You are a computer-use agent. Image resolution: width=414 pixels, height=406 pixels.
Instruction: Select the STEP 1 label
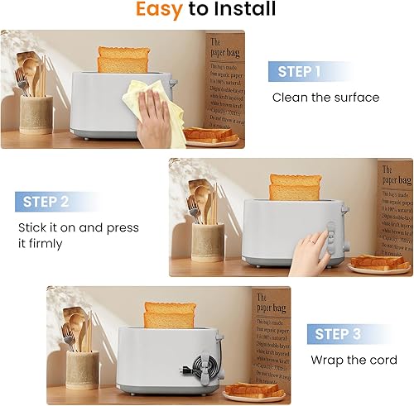coord(299,72)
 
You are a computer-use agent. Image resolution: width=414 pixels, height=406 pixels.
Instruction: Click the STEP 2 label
coord(46,201)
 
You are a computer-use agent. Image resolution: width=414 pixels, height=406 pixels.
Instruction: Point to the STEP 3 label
coord(339,334)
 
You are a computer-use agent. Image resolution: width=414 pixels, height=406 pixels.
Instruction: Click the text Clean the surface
coord(325,98)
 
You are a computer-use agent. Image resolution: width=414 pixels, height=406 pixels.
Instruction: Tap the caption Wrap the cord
coord(354,360)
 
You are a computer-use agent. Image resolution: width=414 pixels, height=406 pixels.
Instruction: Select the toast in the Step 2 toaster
coord(295,187)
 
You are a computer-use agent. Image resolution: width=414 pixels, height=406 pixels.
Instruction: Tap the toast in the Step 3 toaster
coord(169,315)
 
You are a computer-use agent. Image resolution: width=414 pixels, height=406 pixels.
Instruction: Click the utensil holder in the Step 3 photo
coord(82,368)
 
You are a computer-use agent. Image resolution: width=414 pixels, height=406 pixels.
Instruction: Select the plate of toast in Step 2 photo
coord(379,264)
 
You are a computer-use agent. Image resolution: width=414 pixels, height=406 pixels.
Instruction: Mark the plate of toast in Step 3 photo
coord(253,391)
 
